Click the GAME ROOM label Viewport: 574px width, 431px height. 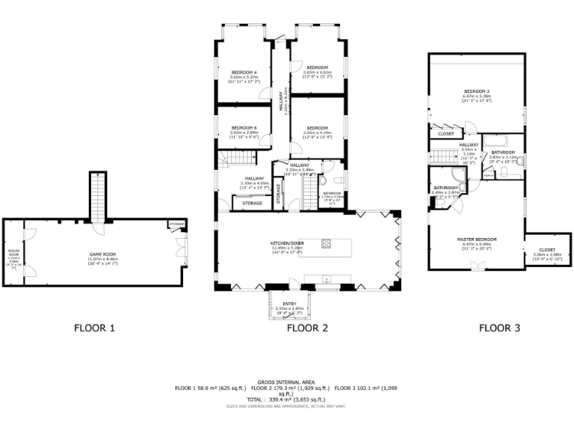pyautogui.click(x=101, y=254)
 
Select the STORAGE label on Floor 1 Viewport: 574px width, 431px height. pyautogui.click(x=176, y=224)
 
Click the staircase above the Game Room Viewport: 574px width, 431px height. pyautogui.click(x=97, y=196)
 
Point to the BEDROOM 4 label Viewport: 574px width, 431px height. pyautogui.click(x=244, y=72)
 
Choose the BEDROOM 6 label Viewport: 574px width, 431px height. pyautogui.click(x=244, y=127)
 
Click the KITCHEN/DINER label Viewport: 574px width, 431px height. pyautogui.click(x=286, y=244)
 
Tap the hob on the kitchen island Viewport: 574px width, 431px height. pyautogui.click(x=326, y=242)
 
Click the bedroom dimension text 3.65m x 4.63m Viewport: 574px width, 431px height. pyautogui.click(x=317, y=72)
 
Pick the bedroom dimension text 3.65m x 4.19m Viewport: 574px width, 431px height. pyautogui.click(x=317, y=132)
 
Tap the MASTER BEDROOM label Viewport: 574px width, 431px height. pyautogui.click(x=476, y=239)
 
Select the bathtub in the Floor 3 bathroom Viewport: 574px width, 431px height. pyautogui.click(x=495, y=140)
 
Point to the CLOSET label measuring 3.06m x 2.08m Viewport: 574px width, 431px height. pyautogui.click(x=546, y=250)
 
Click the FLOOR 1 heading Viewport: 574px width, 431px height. pyautogui.click(x=94, y=327)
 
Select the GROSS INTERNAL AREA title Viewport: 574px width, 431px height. pyautogui.click(x=287, y=381)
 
